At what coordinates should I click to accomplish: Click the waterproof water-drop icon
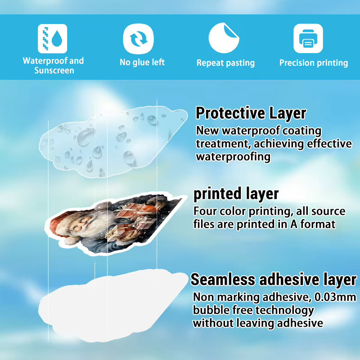[53, 39]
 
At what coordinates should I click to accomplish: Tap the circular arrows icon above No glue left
[138, 39]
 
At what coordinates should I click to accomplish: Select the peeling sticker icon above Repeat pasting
[224, 38]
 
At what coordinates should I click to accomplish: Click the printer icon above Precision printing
[308, 38]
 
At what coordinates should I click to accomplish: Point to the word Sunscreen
[54, 71]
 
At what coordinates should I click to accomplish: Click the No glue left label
[142, 62]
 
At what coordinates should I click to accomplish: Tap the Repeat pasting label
[226, 63]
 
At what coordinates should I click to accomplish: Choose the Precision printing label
[314, 63]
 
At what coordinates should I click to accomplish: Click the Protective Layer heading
[251, 113]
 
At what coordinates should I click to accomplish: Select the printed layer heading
[236, 194]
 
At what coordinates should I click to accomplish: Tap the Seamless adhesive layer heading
[274, 279]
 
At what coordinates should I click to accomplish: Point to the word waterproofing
[233, 157]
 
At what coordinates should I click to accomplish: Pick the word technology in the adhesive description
[285, 310]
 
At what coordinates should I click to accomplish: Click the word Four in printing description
[205, 211]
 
